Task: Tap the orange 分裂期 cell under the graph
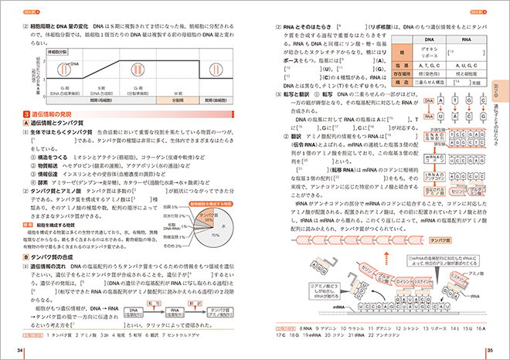[178, 100]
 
